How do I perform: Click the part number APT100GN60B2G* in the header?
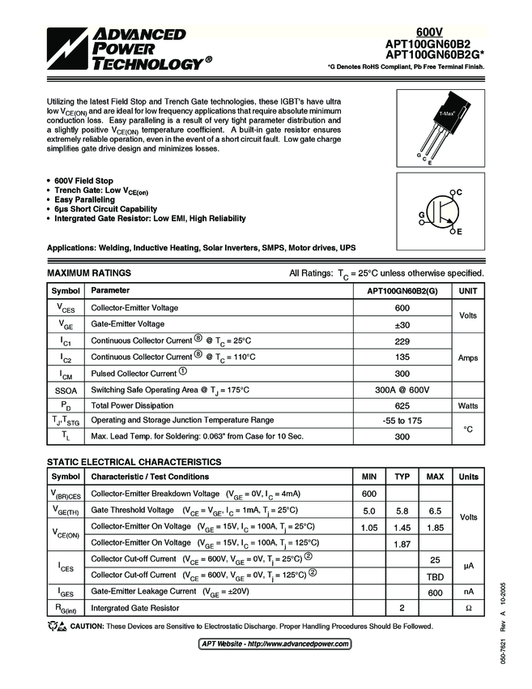(x=437, y=55)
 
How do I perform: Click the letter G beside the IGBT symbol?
(x=422, y=214)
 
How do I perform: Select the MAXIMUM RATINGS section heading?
(x=89, y=273)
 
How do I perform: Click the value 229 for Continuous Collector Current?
(x=402, y=340)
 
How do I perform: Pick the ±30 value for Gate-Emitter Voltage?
(x=402, y=323)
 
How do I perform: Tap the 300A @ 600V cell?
(x=402, y=390)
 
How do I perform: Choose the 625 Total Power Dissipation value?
(x=402, y=404)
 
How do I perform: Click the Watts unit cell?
(x=468, y=404)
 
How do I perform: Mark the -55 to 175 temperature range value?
(x=402, y=421)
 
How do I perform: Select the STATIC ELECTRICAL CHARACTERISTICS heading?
(x=134, y=461)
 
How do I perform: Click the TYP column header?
(x=402, y=477)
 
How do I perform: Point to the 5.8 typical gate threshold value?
(x=402, y=510)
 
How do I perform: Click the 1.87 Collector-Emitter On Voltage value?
(x=402, y=543)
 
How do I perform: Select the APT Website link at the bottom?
(x=275, y=644)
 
